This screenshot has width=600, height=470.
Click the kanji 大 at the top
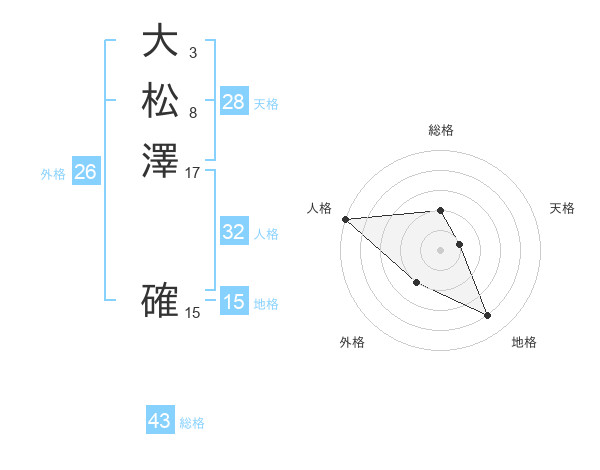pyautogui.click(x=161, y=41)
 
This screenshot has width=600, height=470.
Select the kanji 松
pyautogui.click(x=161, y=101)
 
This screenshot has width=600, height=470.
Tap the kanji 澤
pyautogui.click(x=161, y=161)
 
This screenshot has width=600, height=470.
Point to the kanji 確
pyautogui.click(x=161, y=300)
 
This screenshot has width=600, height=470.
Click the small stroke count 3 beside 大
pyautogui.click(x=192, y=51)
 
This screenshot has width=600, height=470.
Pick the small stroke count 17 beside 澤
pyautogui.click(x=193, y=172)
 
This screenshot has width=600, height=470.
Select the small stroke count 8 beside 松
pyautogui.click(x=192, y=112)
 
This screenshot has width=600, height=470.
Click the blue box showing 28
pyautogui.click(x=233, y=101)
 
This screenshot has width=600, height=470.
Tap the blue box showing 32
pyautogui.click(x=233, y=232)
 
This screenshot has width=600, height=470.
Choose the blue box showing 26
pyautogui.click(x=85, y=172)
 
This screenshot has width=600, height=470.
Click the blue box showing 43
pyautogui.click(x=159, y=421)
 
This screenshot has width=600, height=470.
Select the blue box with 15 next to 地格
pyautogui.click(x=233, y=302)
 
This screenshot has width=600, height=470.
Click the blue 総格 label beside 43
pyautogui.click(x=192, y=423)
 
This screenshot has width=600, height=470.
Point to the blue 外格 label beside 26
pyautogui.click(x=53, y=173)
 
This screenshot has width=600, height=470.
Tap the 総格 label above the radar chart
pyautogui.click(x=441, y=130)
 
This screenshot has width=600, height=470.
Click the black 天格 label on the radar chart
pyautogui.click(x=562, y=208)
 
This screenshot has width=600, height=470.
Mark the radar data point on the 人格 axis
pyautogui.click(x=345, y=219)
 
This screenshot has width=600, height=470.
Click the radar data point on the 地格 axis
pyautogui.click(x=488, y=316)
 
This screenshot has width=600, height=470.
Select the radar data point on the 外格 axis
pyautogui.click(x=416, y=283)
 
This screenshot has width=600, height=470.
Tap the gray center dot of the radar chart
pyautogui.click(x=441, y=250)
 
